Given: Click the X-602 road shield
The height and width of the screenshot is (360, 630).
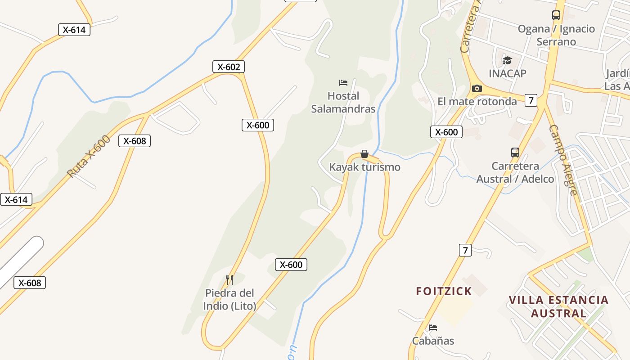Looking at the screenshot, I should [229, 67].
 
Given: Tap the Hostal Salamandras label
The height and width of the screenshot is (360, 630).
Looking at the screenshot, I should [343, 103].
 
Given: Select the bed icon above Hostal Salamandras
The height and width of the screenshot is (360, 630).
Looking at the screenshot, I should [343, 83].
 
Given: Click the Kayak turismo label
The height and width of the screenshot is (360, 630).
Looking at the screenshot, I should [364, 167].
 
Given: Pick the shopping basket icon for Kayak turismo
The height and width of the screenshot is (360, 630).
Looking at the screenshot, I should [364, 154].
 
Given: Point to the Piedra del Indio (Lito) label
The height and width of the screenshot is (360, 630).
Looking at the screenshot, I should [229, 300].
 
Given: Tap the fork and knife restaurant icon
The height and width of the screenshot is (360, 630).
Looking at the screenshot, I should [229, 280].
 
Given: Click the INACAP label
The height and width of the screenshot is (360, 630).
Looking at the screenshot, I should [507, 73].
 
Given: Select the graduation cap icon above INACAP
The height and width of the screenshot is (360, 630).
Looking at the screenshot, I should [507, 60].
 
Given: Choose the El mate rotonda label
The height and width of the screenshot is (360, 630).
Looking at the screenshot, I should [477, 101].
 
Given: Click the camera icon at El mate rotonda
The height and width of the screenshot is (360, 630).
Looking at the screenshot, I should [477, 88].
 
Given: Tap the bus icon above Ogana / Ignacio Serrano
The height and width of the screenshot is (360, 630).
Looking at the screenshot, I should [556, 15].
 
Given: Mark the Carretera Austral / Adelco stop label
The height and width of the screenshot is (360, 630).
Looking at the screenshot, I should [515, 173].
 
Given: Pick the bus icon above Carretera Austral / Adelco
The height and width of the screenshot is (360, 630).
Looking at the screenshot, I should [515, 153].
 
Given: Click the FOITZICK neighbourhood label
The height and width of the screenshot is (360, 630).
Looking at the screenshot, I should [444, 291].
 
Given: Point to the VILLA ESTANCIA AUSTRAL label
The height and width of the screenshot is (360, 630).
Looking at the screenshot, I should [558, 306].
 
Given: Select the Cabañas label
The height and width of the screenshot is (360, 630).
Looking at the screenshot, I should [433, 341].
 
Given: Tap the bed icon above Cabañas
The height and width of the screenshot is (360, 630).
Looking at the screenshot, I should [433, 328].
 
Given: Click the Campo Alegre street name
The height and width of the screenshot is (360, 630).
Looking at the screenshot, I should [563, 160].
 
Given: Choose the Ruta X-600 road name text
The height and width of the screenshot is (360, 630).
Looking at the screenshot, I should [89, 156].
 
